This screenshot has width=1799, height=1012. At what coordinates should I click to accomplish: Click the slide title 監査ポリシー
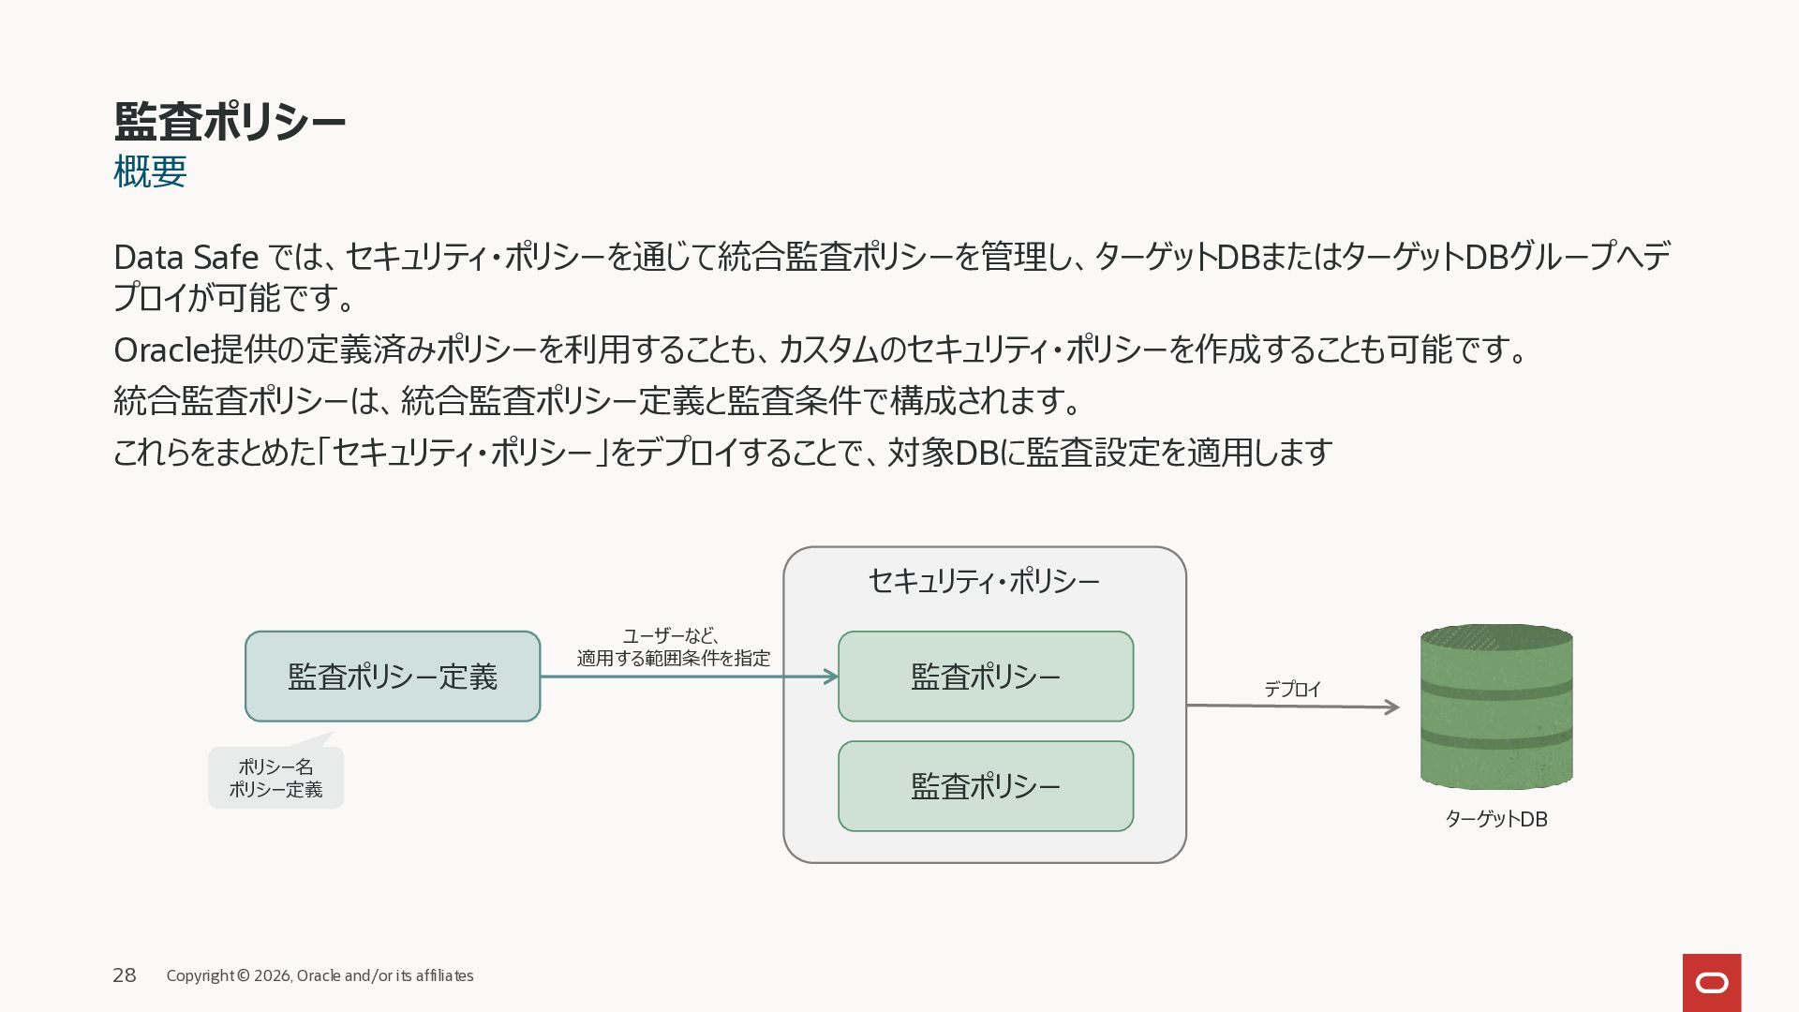(230, 122)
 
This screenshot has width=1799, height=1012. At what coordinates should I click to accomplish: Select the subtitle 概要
(150, 171)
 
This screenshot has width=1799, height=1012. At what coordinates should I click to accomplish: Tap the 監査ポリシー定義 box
(393, 677)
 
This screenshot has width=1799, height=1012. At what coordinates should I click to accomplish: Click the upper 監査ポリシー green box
(986, 677)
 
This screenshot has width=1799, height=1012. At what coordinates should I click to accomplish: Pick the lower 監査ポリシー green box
(986, 786)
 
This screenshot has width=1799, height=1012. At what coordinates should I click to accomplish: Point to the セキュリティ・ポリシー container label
(984, 582)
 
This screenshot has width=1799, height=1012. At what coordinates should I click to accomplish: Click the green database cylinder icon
(1496, 707)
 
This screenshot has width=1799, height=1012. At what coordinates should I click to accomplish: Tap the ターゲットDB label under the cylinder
(1496, 819)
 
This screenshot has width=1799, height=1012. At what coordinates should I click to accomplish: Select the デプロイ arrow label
(1293, 689)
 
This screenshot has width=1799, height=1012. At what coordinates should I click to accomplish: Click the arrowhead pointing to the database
(1392, 707)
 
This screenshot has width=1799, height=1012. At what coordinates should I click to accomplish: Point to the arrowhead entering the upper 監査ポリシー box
(831, 677)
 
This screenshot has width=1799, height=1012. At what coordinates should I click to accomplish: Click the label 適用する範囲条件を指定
(674, 659)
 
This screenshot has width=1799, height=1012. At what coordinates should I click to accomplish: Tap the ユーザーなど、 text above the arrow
(672, 635)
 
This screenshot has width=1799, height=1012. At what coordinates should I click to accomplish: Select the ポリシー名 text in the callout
(275, 767)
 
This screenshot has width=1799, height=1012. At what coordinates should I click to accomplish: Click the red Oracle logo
(1712, 983)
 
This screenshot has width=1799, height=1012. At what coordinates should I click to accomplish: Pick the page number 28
(125, 975)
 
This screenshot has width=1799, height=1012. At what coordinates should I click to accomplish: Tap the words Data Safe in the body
(186, 257)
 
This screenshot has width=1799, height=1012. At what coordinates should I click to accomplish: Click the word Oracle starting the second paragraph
(161, 350)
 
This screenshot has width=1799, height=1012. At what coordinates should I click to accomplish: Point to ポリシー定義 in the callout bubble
(275, 790)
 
